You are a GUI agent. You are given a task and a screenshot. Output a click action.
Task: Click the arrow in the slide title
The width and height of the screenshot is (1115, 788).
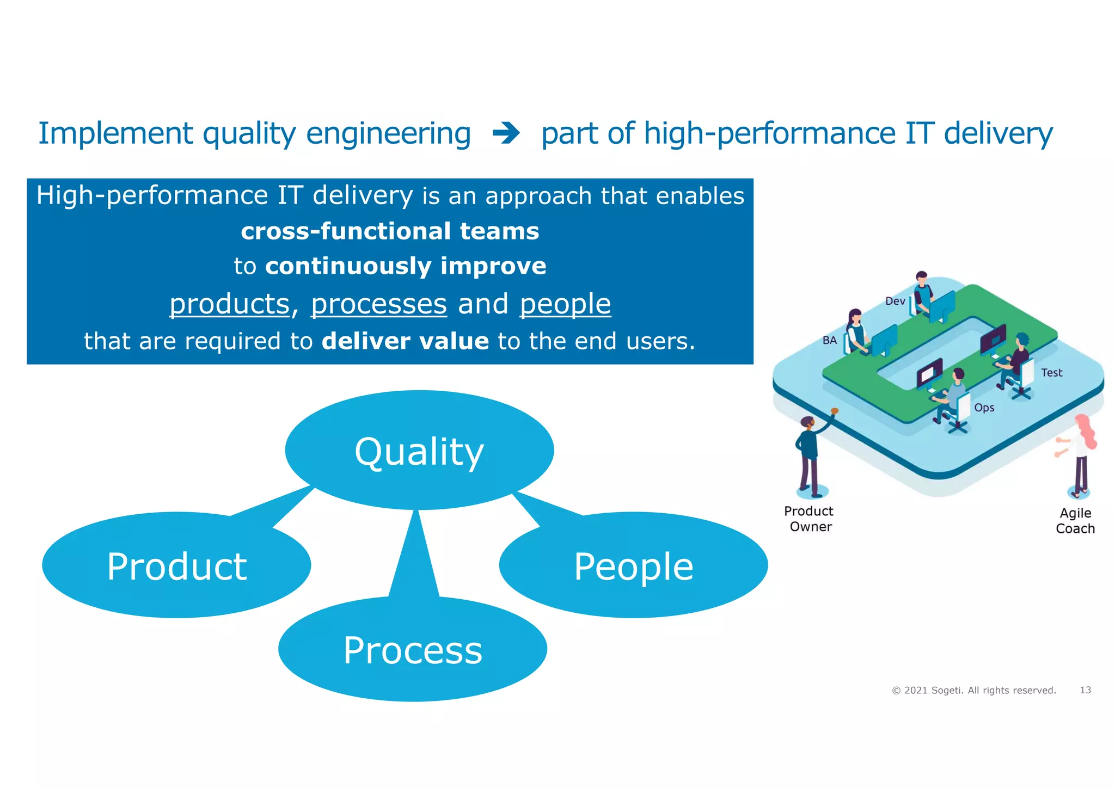tap(506, 133)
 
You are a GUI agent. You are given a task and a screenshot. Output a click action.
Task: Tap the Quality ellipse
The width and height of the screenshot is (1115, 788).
tap(419, 451)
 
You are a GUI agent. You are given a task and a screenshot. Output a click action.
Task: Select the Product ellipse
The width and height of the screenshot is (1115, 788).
tap(176, 566)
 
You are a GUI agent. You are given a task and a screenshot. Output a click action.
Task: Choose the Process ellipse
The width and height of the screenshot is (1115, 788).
tap(413, 650)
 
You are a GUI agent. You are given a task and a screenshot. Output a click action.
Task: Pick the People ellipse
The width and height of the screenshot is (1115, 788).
tap(633, 566)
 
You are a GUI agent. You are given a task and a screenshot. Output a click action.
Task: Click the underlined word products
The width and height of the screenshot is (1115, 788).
tap(229, 304)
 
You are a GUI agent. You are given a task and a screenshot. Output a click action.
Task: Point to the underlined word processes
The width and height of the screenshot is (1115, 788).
tap(378, 304)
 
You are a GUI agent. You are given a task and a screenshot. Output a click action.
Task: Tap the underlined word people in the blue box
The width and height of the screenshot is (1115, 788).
tap(565, 304)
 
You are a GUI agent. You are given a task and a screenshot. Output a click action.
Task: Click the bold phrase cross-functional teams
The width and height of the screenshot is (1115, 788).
tap(390, 231)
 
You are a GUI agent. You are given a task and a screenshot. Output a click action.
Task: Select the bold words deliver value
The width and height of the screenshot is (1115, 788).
tap(405, 341)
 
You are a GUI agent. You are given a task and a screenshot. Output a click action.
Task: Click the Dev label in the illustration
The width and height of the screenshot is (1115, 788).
tap(895, 301)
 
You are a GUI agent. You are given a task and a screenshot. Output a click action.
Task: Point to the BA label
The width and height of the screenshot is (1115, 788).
tap(829, 341)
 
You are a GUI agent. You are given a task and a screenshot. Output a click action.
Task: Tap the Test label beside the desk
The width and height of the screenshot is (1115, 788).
tap(1051, 373)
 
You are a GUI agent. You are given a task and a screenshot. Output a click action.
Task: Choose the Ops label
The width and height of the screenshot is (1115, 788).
tap(984, 408)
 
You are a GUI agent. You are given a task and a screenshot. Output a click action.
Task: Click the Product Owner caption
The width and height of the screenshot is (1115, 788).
tap(810, 519)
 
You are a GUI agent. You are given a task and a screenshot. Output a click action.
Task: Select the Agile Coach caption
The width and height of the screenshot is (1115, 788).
tap(1075, 521)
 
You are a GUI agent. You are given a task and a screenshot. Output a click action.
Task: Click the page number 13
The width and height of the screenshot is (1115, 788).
tap(1085, 690)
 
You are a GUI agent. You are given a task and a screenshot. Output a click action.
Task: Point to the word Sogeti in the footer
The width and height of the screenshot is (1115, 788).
tap(947, 691)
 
